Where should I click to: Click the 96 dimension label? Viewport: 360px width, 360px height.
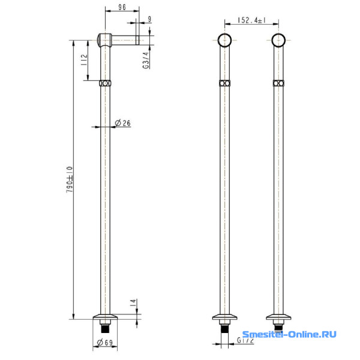coord(122,7)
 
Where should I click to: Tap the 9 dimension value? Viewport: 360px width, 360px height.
coord(149,19)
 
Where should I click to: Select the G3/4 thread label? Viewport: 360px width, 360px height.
coord(146,60)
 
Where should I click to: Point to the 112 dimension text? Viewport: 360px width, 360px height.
coord(84,59)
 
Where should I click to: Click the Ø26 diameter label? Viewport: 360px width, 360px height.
coord(123,123)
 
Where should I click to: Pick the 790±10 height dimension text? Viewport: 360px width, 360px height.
coord(70,179)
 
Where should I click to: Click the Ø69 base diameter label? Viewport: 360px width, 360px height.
coord(105,343)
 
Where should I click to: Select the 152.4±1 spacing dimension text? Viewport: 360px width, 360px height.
coord(252,20)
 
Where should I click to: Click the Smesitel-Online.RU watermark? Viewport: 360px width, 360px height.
coord(289,334)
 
